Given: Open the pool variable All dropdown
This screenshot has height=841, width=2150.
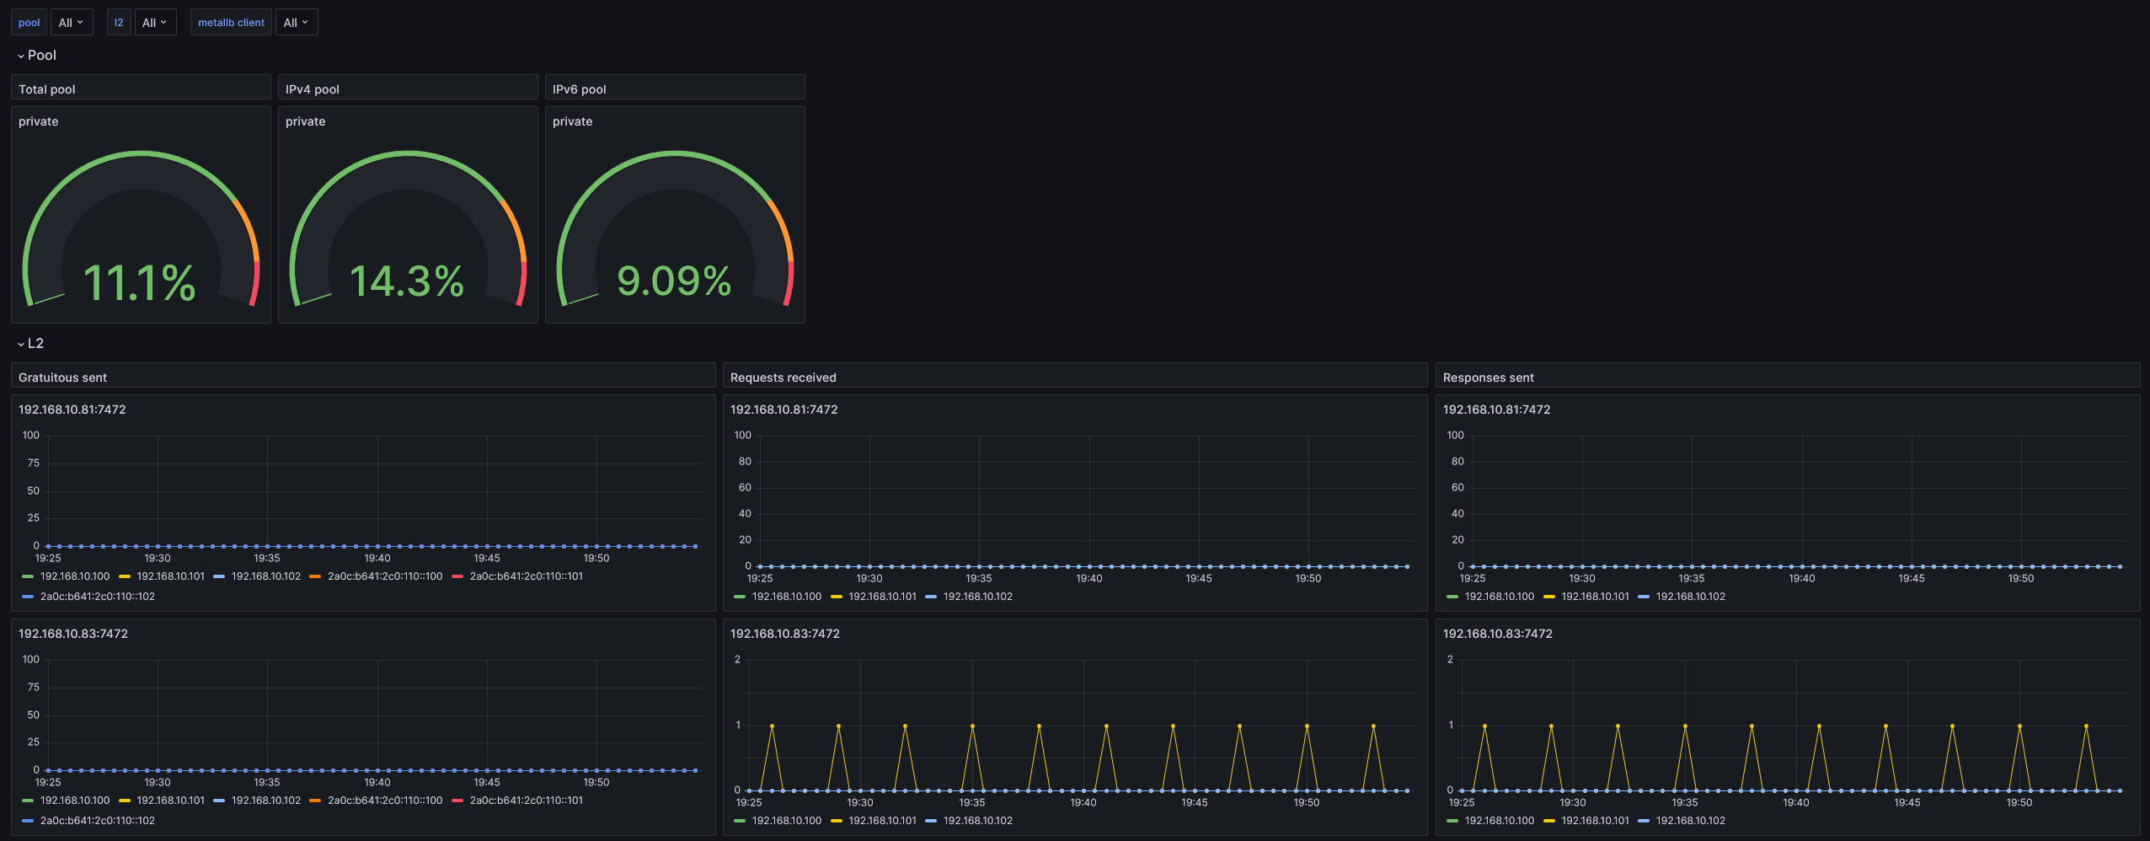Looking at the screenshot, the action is click(71, 23).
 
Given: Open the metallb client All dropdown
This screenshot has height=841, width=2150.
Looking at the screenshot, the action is click(296, 23).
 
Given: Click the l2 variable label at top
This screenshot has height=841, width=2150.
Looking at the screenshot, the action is click(119, 23).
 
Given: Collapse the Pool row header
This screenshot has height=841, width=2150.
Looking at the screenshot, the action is click(37, 56).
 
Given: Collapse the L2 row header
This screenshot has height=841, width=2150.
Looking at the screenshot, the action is click(31, 344).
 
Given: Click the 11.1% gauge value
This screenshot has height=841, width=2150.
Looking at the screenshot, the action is click(140, 282).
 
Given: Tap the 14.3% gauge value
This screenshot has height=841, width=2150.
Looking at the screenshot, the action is click(407, 281).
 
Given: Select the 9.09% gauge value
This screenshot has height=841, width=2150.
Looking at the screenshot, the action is click(674, 281).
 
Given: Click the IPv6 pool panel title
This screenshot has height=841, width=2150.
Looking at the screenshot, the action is click(580, 89).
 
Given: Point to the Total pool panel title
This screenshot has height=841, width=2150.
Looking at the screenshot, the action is click(47, 89).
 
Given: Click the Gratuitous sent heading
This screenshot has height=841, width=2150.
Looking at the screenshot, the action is click(63, 378).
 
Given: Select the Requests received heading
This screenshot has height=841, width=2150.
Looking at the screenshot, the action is click(784, 378).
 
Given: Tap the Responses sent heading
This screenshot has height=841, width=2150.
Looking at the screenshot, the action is click(1489, 378).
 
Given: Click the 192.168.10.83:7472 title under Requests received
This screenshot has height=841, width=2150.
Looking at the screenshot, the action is click(785, 634).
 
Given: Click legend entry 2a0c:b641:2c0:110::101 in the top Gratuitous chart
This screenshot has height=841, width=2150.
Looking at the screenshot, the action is click(527, 576).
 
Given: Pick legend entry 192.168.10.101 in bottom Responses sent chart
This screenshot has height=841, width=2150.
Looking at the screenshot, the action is click(1596, 821).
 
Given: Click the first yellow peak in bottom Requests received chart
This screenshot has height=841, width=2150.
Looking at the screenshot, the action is click(772, 726).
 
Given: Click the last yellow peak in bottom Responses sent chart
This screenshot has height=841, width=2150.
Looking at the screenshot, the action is click(2086, 726).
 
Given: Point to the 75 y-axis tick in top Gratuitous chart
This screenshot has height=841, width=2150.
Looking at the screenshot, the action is click(34, 463).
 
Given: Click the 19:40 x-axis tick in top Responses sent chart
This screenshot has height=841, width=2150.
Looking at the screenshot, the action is click(1802, 578).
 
